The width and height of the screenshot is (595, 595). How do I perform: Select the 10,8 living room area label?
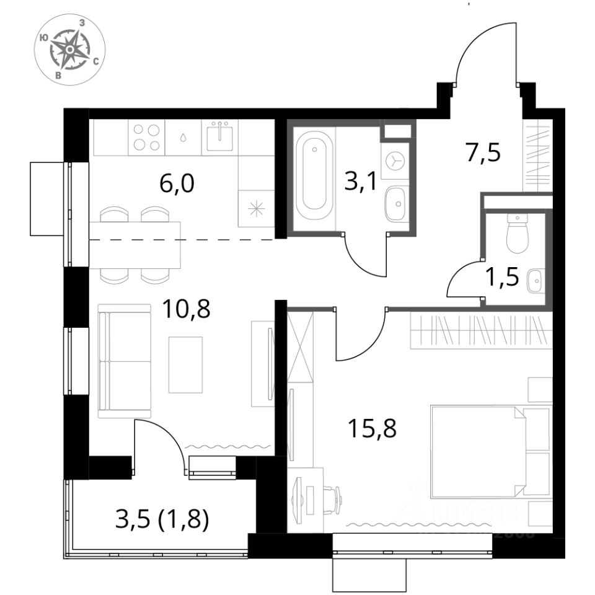pyautogui.click(x=186, y=308)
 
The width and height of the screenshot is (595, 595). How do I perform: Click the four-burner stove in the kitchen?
pyautogui.click(x=146, y=138)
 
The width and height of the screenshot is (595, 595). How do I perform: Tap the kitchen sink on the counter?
pyautogui.click(x=219, y=135)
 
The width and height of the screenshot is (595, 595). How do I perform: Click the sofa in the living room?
pyautogui.click(x=124, y=361)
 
